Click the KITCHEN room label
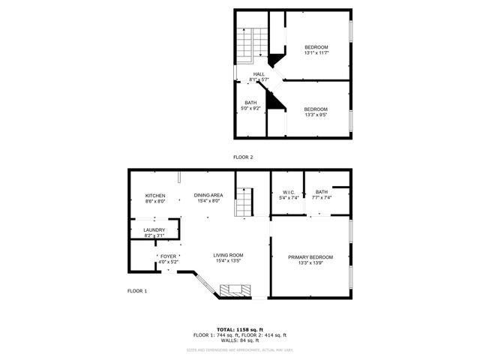(x=155, y=196)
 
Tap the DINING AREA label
(x=208, y=196)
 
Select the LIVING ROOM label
(x=229, y=255)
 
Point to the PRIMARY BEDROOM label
(x=310, y=257)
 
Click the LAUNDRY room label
(x=154, y=230)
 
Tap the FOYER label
(x=168, y=256)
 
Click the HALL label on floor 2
(x=259, y=74)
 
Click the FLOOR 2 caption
(x=242, y=157)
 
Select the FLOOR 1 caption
(x=137, y=290)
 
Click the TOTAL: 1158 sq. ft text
(x=240, y=329)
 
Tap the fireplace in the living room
(x=232, y=290)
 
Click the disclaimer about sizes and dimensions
(x=240, y=349)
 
